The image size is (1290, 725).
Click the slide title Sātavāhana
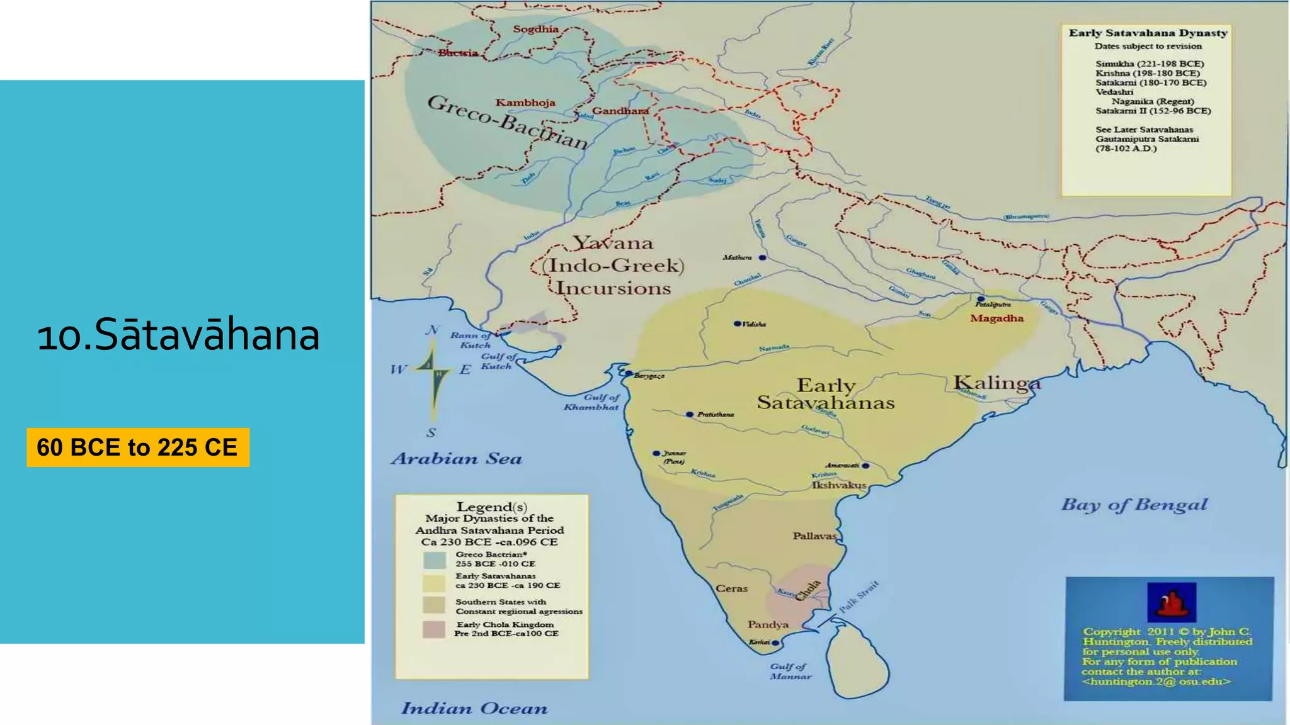click(x=178, y=334)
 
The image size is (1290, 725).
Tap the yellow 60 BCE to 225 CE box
click(x=138, y=447)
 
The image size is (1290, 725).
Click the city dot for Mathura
click(x=762, y=257)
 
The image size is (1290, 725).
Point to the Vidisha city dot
click(x=737, y=323)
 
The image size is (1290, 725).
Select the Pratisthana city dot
click(x=690, y=414)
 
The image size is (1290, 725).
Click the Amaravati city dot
click(x=865, y=466)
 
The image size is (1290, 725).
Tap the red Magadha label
click(x=996, y=318)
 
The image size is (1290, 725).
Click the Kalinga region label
click(x=996, y=383)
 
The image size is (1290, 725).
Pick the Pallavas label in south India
click(x=814, y=536)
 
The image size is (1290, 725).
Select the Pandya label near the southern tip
click(x=768, y=624)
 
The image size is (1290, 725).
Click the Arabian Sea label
click(x=457, y=458)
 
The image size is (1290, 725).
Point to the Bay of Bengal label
click(x=1134, y=505)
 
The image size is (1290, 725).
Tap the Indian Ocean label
click(x=474, y=709)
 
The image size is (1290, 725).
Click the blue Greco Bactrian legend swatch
click(x=434, y=559)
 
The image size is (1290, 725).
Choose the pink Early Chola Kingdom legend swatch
click(x=434, y=629)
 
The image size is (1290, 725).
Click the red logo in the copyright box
click(x=1171, y=602)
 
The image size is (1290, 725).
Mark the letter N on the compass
click(x=432, y=330)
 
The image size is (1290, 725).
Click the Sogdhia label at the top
click(x=535, y=29)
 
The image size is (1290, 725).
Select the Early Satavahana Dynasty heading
click(x=1148, y=33)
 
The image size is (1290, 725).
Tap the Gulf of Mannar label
click(x=790, y=671)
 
